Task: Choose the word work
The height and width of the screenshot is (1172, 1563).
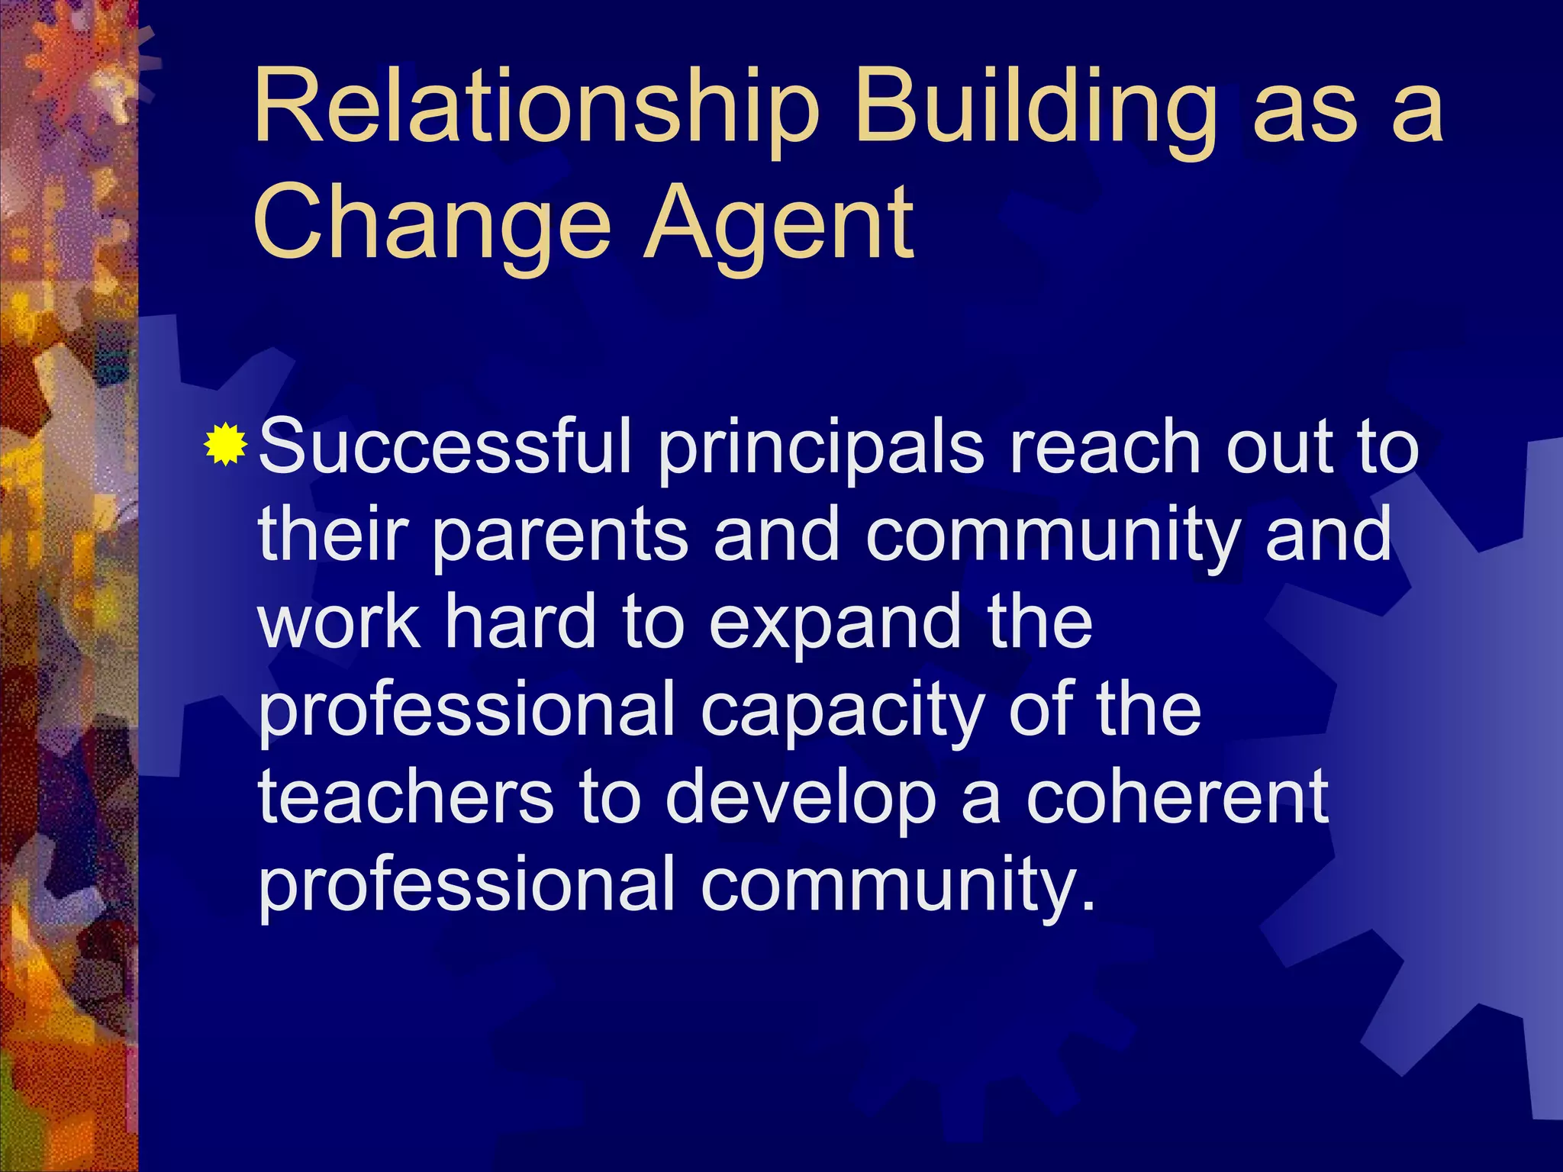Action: tap(339, 622)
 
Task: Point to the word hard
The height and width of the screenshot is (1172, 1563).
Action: tap(520, 622)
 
